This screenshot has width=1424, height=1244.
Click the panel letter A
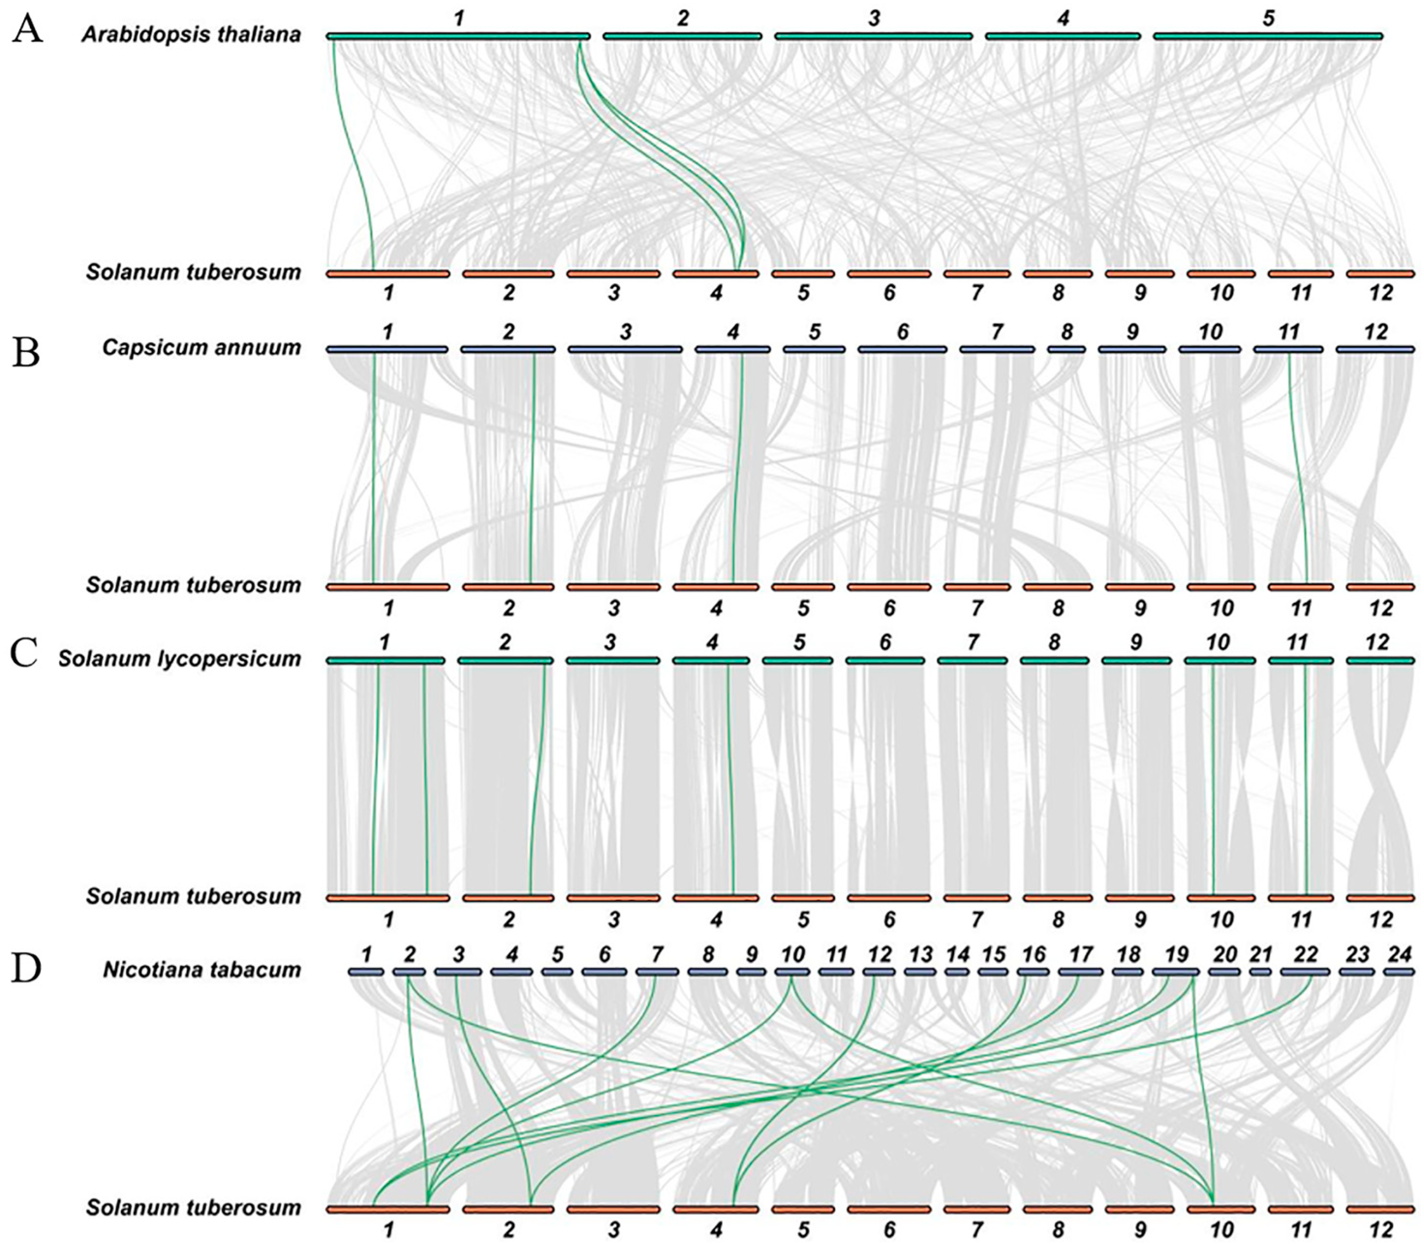(x=27, y=32)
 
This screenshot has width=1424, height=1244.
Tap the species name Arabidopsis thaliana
(x=192, y=35)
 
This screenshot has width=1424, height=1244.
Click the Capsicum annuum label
(x=201, y=347)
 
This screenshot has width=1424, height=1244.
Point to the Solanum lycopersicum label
(x=180, y=658)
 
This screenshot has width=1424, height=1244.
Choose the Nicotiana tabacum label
(x=202, y=970)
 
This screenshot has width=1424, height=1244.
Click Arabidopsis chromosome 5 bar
(x=1268, y=36)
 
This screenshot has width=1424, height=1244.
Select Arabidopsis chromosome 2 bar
(x=683, y=36)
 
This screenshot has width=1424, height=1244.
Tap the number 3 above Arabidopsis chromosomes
(x=873, y=19)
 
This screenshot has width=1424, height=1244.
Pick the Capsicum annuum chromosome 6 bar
(x=902, y=349)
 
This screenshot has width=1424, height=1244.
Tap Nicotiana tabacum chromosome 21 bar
(x=1260, y=972)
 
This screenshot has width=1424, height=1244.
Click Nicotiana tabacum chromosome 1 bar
(x=366, y=972)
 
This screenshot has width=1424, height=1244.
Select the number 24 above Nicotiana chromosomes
(x=1399, y=955)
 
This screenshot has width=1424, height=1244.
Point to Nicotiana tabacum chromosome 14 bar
(x=957, y=972)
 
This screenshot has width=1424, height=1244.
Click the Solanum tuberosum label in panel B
(x=193, y=585)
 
